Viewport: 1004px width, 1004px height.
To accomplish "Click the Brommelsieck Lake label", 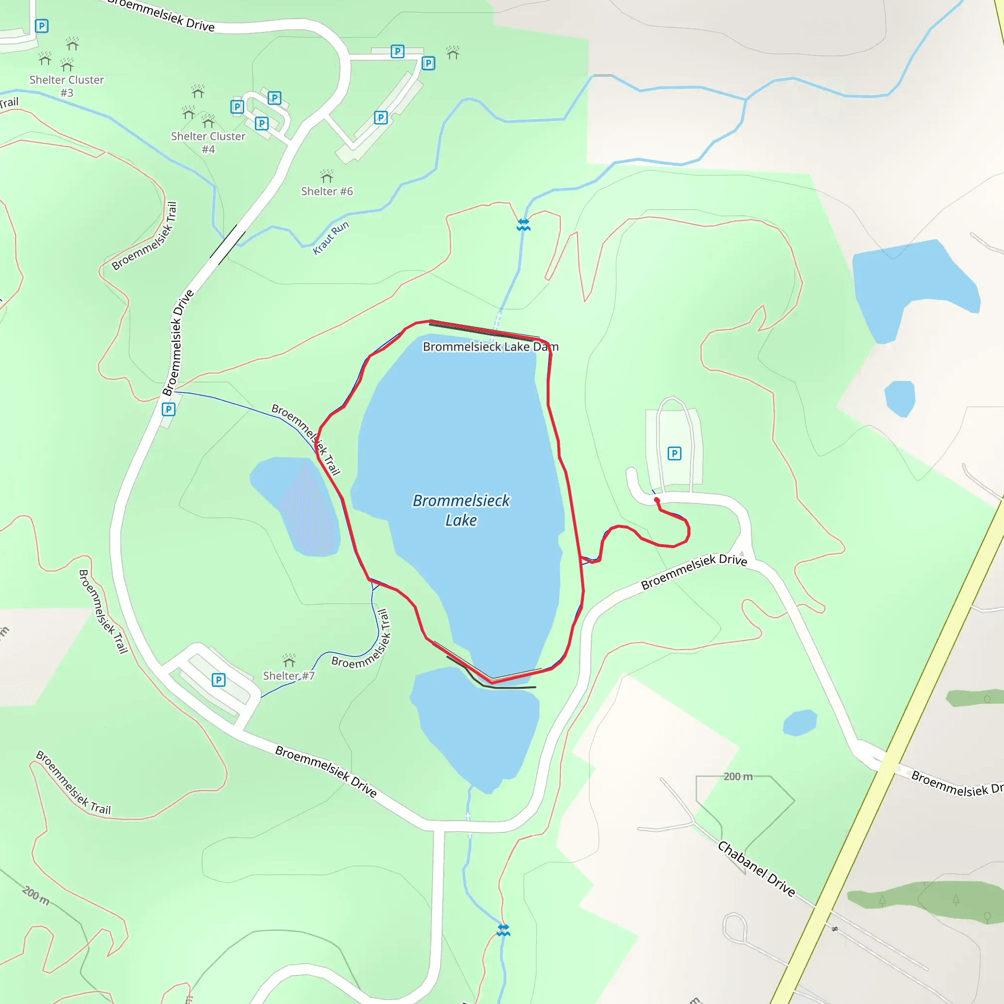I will [461, 510].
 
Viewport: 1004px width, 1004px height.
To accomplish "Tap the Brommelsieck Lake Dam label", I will [490, 347].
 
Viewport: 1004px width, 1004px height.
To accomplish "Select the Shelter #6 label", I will [327, 191].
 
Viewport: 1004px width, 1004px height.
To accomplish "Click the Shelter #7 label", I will [288, 676].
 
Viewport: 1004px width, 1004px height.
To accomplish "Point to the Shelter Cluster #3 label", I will [67, 86].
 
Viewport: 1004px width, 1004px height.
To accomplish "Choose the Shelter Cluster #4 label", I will [208, 142].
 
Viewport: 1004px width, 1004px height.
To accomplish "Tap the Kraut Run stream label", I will [330, 238].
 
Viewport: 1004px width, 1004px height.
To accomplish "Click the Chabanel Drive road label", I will [756, 869].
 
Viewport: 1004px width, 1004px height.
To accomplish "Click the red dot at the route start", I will [657, 500].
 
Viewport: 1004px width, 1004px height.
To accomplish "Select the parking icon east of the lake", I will [674, 453].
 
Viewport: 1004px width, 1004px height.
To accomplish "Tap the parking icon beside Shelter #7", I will [218, 680].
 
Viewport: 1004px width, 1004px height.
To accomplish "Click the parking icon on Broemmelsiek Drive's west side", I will [168, 409].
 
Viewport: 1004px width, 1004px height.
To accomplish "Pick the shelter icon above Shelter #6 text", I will [326, 175].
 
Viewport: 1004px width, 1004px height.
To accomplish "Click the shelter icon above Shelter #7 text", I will [289, 660].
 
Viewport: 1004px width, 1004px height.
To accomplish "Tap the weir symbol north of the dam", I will [523, 225].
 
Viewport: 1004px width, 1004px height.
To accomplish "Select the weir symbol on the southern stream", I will [503, 929].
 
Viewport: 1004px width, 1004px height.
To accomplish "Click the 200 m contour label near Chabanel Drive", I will [737, 777].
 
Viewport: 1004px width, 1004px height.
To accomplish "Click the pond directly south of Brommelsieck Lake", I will [476, 728].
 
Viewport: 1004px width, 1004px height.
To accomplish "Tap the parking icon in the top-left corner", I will [42, 25].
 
